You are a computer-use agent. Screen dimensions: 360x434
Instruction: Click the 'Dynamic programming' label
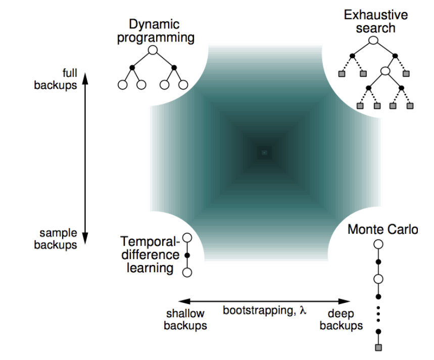coord(155,31)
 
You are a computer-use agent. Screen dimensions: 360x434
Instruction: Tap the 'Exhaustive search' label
coord(375,21)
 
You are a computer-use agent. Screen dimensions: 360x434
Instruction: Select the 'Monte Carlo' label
coord(382,230)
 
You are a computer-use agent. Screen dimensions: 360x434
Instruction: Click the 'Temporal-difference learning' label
coord(150,254)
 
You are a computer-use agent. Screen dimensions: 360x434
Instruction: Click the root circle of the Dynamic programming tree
coord(153,50)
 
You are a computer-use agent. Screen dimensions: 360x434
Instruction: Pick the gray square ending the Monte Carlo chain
coord(378,347)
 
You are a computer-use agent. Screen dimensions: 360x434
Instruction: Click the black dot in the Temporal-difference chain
coord(187,255)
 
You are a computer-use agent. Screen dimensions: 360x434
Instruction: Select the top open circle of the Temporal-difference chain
coord(187,237)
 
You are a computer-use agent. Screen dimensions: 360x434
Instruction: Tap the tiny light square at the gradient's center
coord(264,152)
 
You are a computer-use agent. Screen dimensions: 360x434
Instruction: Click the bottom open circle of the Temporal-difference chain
coord(187,273)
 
